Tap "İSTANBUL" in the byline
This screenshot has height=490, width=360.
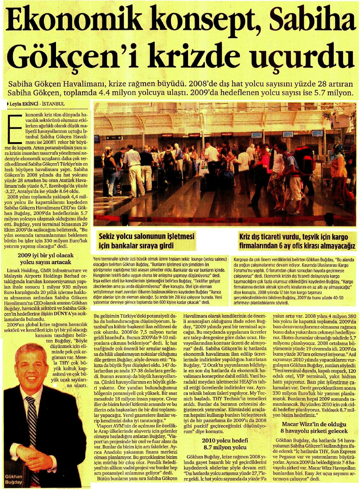(x=53, y=104)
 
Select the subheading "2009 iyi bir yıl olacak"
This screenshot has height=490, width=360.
(x=46, y=256)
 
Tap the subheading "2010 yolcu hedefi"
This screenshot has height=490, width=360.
(x=224, y=441)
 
